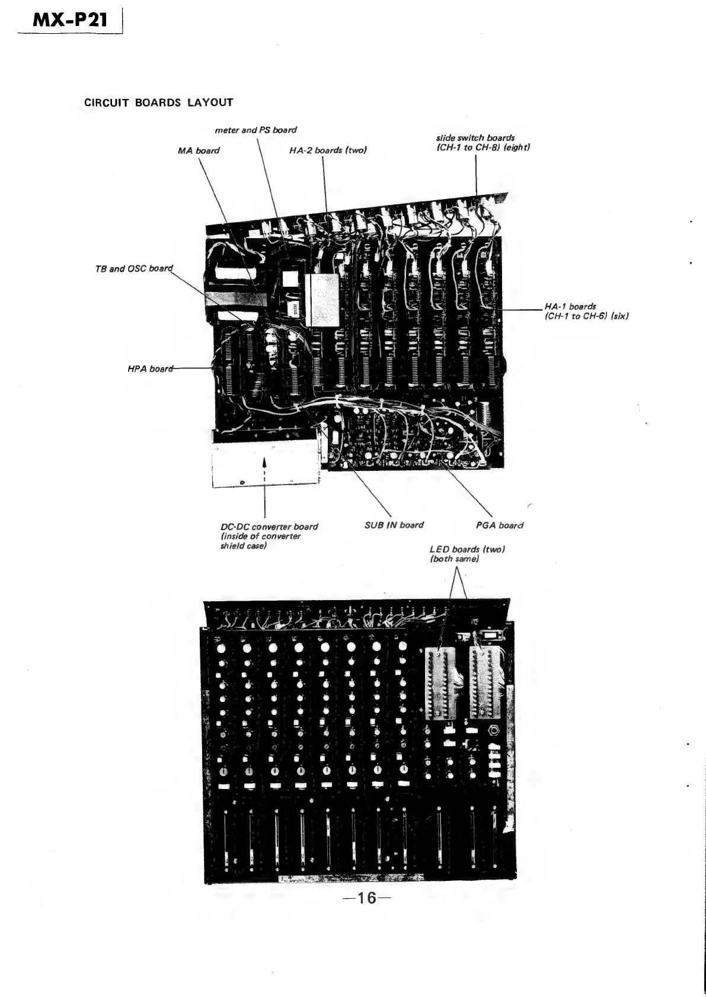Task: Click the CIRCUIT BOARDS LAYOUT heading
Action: (x=158, y=102)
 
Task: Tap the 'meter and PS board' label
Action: (x=255, y=130)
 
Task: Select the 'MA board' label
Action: (x=199, y=150)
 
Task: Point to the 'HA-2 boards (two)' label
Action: (x=328, y=150)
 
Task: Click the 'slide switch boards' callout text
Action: (x=475, y=138)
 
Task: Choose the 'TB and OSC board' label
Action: (x=133, y=268)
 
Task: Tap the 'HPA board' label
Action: (x=150, y=369)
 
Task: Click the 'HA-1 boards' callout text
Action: (x=570, y=306)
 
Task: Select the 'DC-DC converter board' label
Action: (x=269, y=527)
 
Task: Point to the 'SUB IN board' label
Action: (x=394, y=525)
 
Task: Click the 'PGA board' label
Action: (x=500, y=525)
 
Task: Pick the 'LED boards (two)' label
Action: (x=467, y=549)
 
